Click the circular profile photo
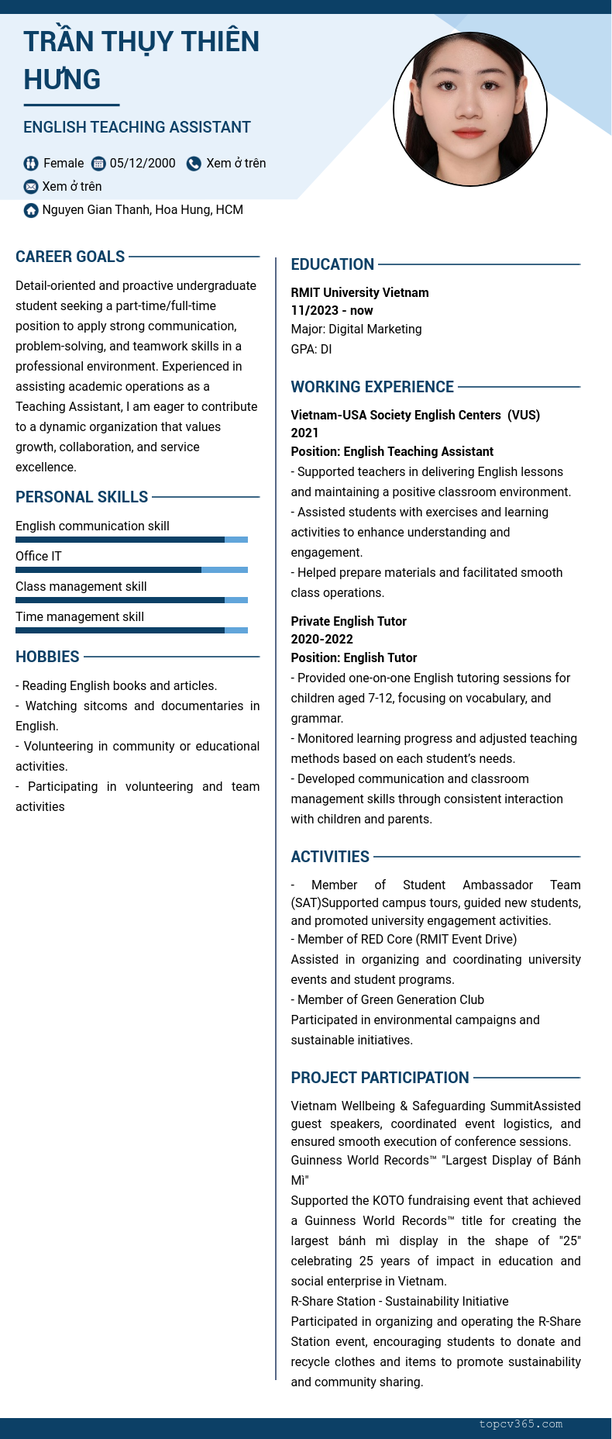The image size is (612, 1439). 470,109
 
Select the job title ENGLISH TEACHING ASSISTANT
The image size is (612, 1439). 137,127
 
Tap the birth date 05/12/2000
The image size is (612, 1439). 143,164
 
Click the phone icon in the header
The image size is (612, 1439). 194,164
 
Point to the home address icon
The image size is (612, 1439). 31,210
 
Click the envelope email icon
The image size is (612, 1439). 31,187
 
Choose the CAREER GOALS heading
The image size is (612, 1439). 70,257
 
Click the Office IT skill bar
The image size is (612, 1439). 132,570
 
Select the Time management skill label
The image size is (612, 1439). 80,616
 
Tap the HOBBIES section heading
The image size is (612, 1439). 47,657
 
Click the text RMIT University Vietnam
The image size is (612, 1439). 359,292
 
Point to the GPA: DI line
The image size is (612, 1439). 311,349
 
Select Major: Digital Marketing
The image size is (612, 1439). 356,329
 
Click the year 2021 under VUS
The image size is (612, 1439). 304,433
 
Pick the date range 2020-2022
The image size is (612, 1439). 321,639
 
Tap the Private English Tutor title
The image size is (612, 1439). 349,621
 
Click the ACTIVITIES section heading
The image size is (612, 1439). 330,857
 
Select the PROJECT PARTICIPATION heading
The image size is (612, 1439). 380,1078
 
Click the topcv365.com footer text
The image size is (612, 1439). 521,1424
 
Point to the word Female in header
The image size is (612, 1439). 64,164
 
